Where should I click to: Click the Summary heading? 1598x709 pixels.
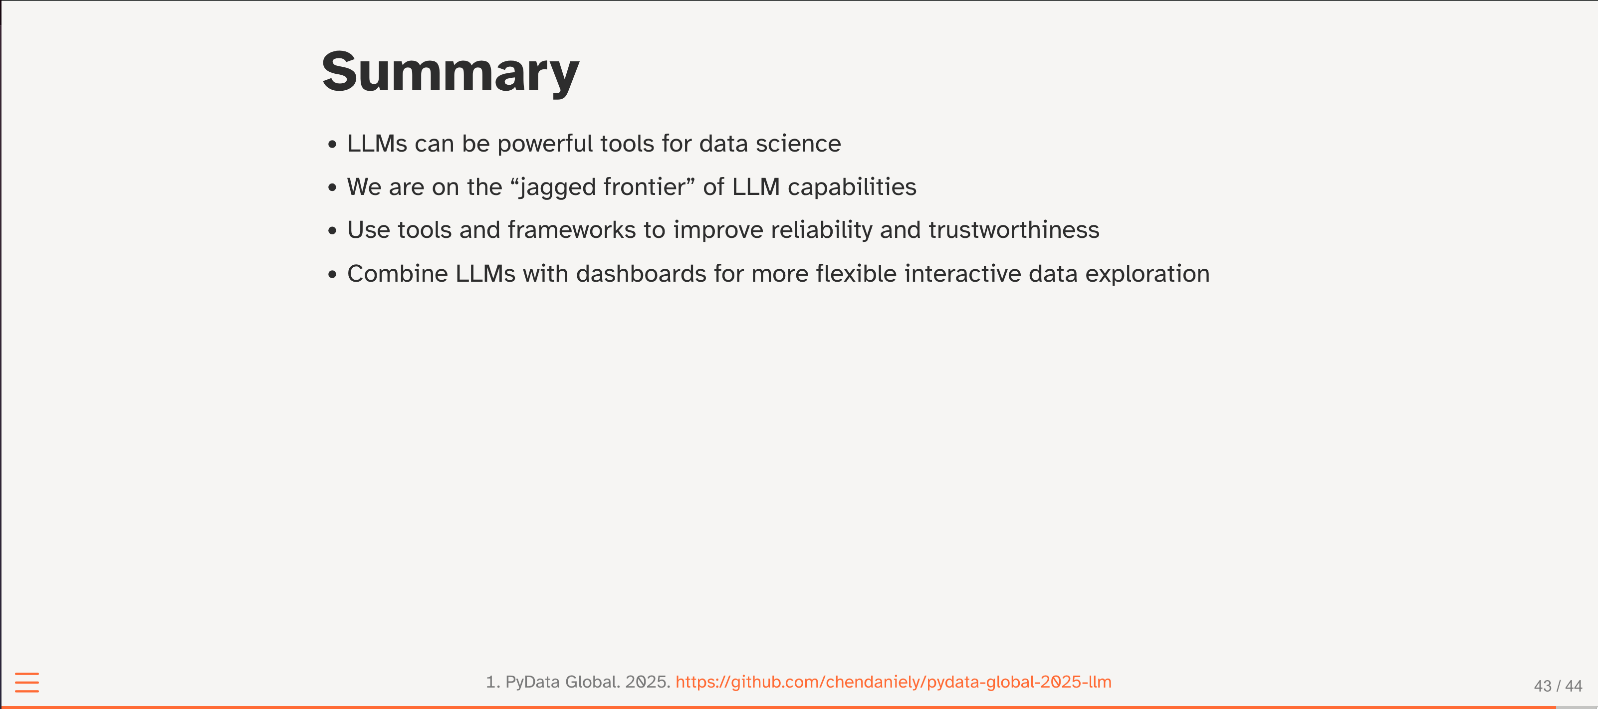(451, 72)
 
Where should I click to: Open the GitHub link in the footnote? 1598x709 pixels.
(893, 682)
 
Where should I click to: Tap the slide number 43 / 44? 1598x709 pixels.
(1558, 686)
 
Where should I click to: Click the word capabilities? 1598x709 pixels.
(852, 187)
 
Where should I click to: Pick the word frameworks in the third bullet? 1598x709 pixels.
(571, 230)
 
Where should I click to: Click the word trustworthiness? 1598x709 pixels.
(1014, 230)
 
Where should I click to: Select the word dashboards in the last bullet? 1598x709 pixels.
(641, 274)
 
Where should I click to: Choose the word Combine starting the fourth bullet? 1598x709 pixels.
(397, 274)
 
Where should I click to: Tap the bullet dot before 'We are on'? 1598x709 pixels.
(332, 187)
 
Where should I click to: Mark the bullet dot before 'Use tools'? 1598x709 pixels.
(332, 230)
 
